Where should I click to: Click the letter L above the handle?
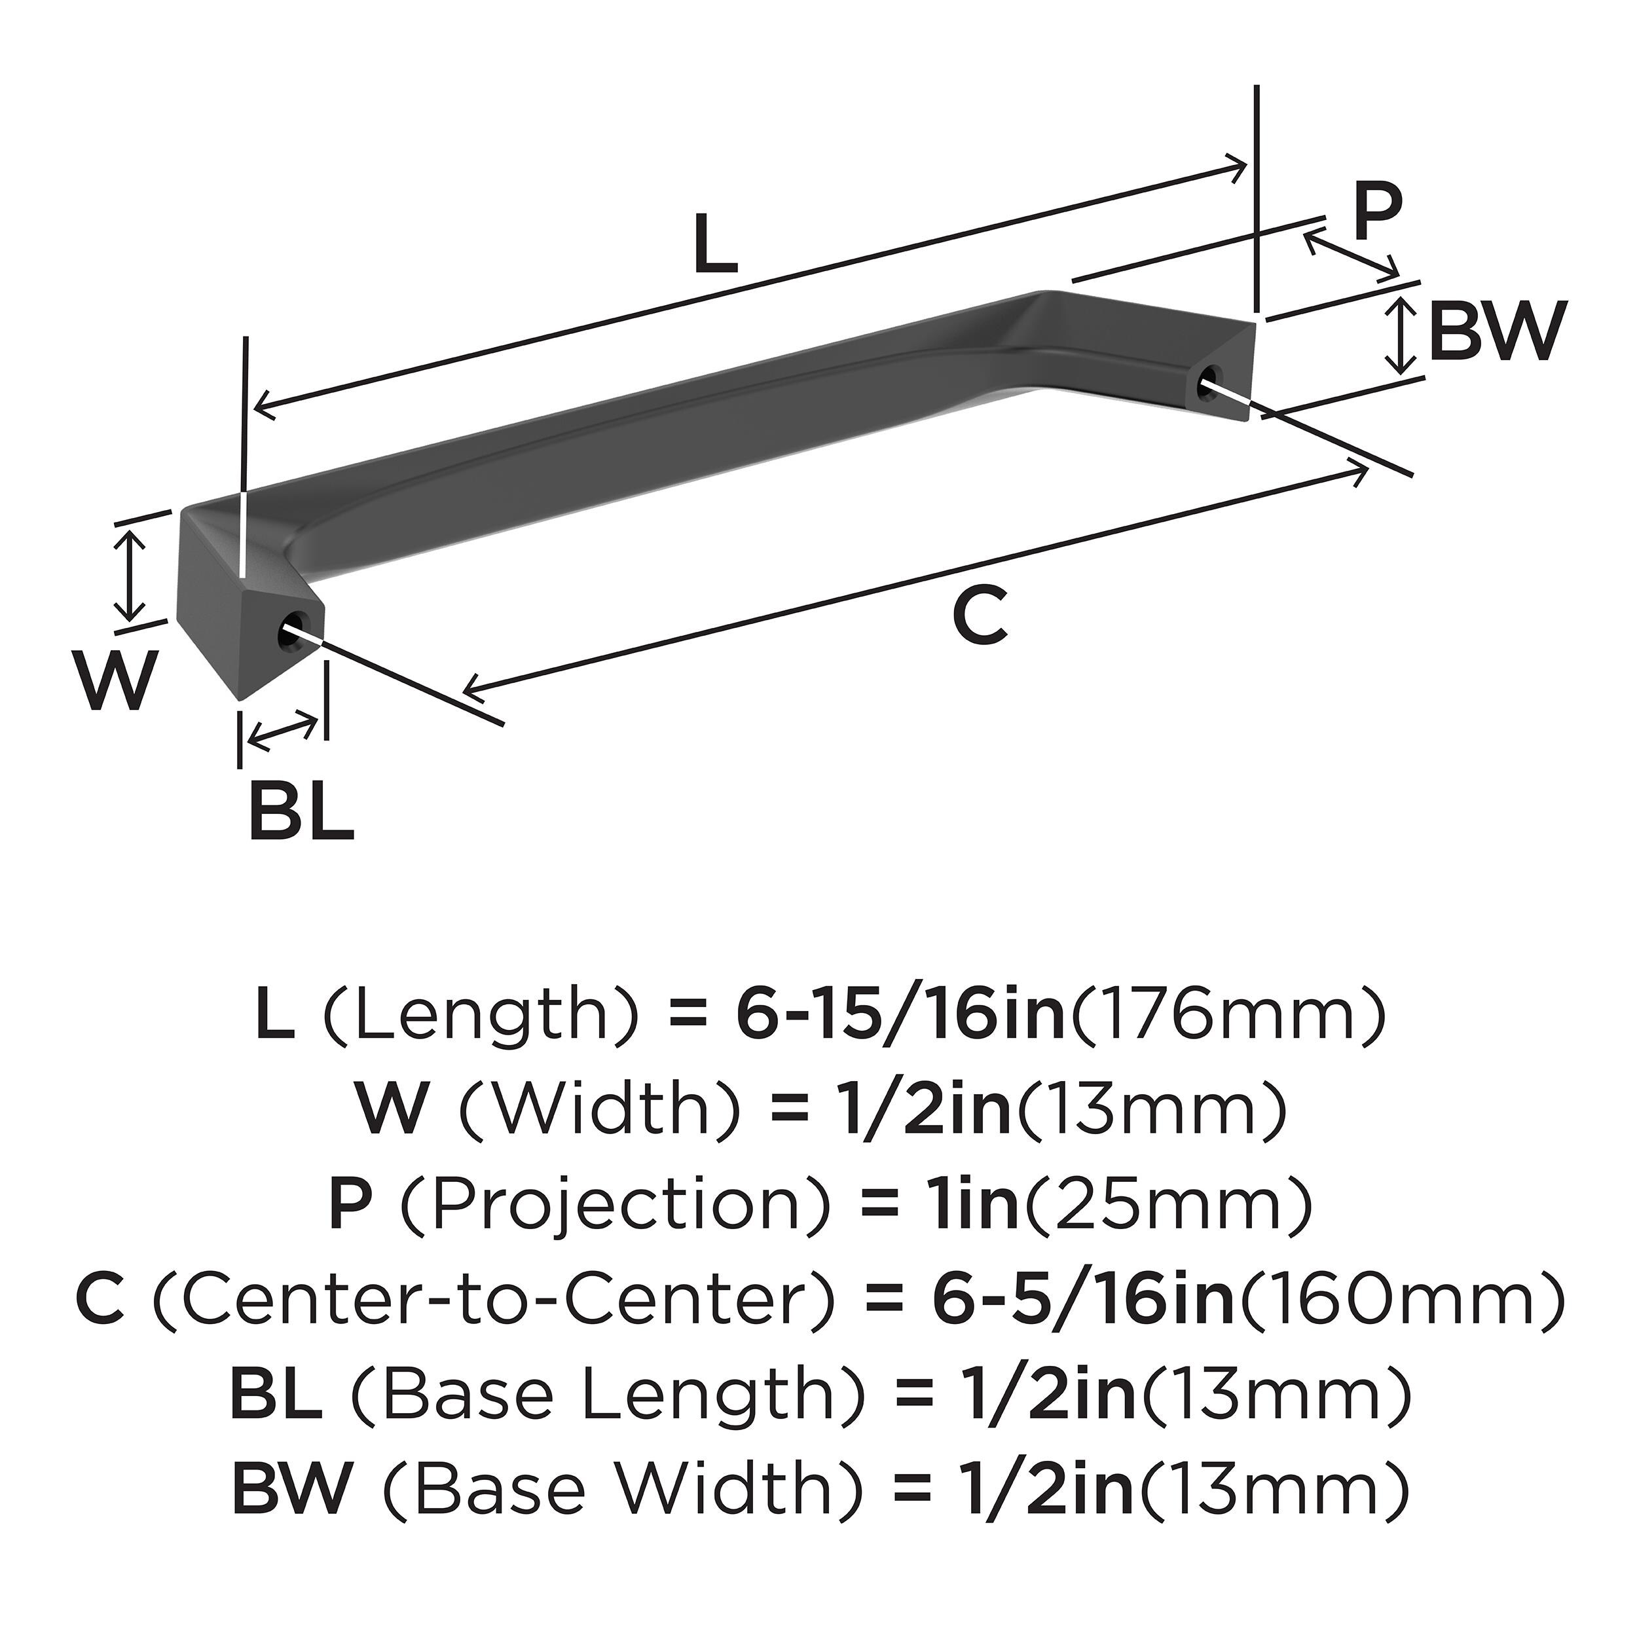click(715, 245)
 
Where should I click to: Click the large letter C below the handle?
click(980, 616)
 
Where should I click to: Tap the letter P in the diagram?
click(1377, 215)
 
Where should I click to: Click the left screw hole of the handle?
click(292, 631)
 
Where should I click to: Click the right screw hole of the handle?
click(1210, 381)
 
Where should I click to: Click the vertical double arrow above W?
click(129, 573)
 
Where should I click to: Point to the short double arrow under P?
click(1351, 257)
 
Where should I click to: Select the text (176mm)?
click(1228, 1015)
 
